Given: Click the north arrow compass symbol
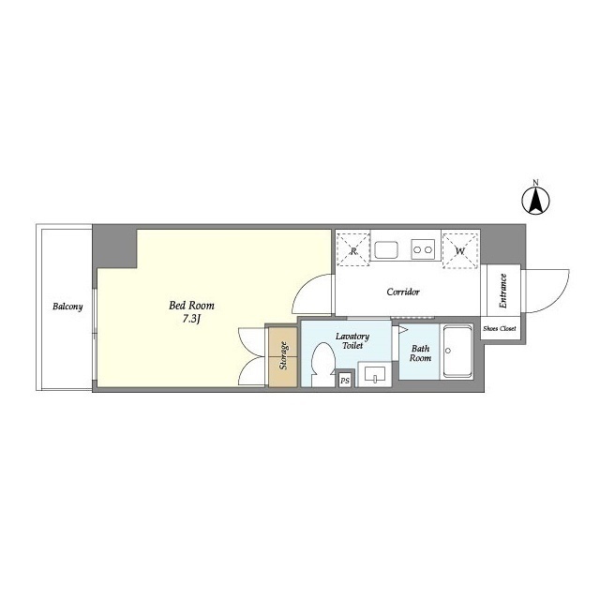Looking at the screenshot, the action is click(535, 200).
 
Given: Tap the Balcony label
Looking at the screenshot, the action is click(67, 307).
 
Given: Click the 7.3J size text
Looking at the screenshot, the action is click(191, 319).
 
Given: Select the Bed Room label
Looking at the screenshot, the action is click(191, 306).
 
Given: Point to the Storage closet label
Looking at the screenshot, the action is click(283, 356).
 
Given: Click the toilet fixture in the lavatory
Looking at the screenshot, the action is click(322, 364).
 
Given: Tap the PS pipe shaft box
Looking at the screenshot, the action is click(345, 381).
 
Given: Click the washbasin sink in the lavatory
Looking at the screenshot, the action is click(375, 374).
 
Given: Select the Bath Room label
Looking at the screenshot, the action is click(420, 353).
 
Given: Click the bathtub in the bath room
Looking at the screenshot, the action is click(457, 352).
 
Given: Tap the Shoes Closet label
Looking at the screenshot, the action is click(500, 328).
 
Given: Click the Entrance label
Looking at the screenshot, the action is click(502, 292).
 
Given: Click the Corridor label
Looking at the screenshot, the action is click(403, 292).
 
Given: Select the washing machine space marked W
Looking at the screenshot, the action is click(460, 250).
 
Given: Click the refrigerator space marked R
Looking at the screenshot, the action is click(353, 249).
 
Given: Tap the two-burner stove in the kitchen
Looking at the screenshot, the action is click(423, 249).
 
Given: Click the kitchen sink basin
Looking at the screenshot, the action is click(386, 250).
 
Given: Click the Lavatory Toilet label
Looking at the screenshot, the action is click(352, 340).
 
